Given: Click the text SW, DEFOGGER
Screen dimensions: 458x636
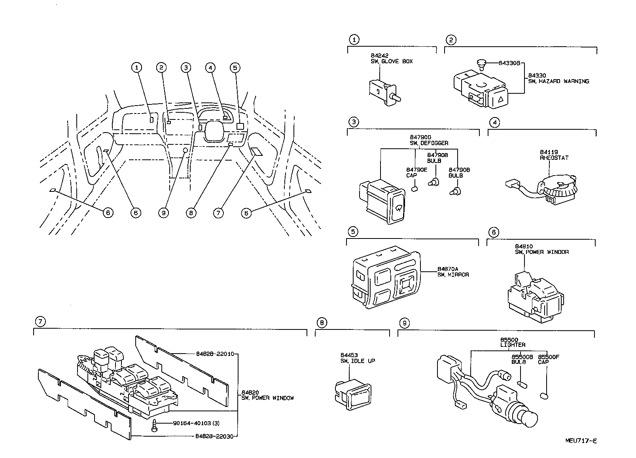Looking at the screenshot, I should tap(429, 143).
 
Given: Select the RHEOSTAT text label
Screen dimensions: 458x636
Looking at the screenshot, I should tap(554, 158).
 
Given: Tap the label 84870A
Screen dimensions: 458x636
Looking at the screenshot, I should tap(447, 269).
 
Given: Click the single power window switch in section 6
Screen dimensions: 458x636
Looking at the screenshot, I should tap(536, 295).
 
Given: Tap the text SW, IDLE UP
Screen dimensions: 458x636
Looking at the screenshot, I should tap(358, 361).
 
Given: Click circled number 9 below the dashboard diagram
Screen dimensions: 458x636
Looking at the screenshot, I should tap(163, 212).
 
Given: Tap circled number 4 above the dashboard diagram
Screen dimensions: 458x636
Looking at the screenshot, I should tap(210, 68).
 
